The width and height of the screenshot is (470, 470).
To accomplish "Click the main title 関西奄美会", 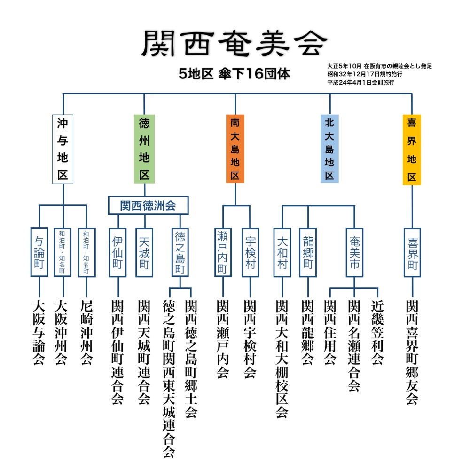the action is (x=235, y=43).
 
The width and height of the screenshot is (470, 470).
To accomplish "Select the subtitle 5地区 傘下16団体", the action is (x=234, y=74).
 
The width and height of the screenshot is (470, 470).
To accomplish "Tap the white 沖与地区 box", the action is (x=63, y=149).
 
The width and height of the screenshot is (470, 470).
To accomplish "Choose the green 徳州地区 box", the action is (x=144, y=149).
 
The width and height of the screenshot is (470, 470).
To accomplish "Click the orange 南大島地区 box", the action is (x=235, y=149).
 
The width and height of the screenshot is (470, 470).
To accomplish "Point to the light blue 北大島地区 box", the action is (x=329, y=149).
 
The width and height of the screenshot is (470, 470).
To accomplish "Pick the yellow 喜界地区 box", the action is (x=412, y=149).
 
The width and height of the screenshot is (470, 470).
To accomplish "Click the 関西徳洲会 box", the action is (x=148, y=205).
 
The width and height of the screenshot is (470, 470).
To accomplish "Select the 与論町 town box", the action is (x=39, y=252).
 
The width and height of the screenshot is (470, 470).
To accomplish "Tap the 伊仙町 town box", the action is (x=117, y=252).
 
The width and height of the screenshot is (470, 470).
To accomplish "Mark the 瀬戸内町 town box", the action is (x=223, y=252).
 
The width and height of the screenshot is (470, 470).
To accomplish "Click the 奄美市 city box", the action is (x=354, y=252).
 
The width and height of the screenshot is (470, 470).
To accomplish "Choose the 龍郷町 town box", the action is (x=308, y=252).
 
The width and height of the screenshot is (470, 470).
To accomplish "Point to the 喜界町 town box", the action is (x=413, y=252).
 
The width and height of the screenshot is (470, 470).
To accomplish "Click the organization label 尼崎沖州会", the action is (x=86, y=332).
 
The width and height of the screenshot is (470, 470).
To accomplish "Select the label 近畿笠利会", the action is (x=377, y=332).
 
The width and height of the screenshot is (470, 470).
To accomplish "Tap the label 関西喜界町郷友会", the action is (x=412, y=352).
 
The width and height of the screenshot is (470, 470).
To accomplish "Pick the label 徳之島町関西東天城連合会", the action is (x=169, y=379).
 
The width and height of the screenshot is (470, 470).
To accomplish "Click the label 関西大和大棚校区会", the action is (x=282, y=359).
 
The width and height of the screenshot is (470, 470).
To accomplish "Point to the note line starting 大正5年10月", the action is (x=379, y=66).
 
